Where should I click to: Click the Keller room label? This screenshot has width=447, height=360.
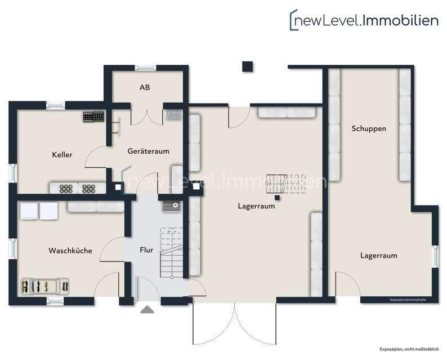click(62, 154)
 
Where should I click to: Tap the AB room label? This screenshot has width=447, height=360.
click(145, 88)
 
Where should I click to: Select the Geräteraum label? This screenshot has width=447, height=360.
click(148, 151)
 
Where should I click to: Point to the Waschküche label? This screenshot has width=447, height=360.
click(70, 251)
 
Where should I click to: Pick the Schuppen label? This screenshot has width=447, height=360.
click(369, 128)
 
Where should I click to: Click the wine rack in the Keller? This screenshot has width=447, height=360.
click(94, 116)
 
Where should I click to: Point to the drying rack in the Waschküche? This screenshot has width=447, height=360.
click(45, 286)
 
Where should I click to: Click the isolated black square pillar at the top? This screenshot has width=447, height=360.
click(247, 66)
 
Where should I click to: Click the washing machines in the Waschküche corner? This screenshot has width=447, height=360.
click(39, 211)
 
